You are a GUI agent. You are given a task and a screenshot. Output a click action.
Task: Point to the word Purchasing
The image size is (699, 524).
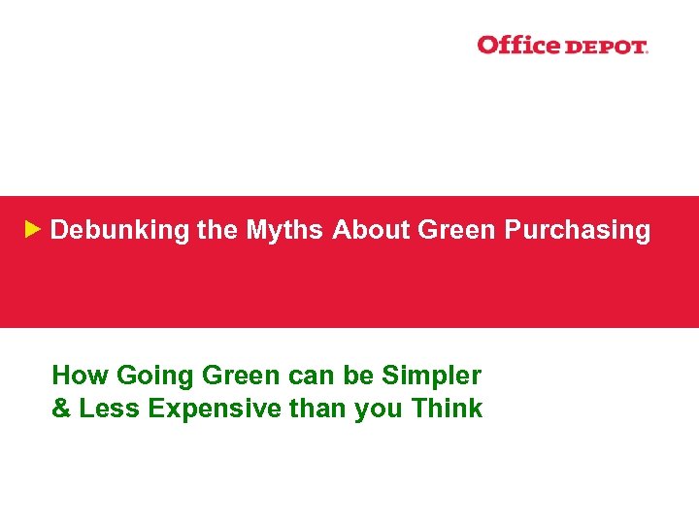tap(577, 231)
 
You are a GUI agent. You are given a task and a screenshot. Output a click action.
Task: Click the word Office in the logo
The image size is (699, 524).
tap(518, 45)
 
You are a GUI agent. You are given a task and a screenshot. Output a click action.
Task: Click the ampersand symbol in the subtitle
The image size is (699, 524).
tap(61, 409)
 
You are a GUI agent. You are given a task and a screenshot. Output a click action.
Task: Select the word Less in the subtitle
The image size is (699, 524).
tap(108, 409)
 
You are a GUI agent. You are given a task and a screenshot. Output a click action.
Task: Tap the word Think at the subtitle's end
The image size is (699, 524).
tap(447, 409)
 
